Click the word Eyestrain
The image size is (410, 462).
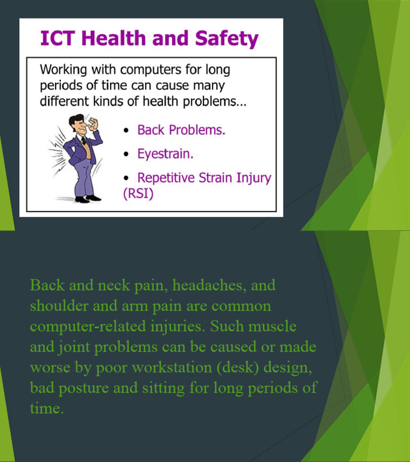pos(165,154)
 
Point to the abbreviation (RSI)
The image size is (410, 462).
pos(138,194)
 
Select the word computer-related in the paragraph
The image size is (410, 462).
pos(85,326)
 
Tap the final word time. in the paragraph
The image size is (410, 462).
pos(47,409)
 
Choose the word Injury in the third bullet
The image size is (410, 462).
pos(253,178)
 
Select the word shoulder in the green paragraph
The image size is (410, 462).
pos(56,306)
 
